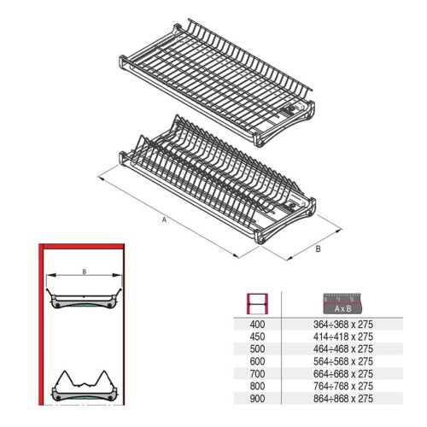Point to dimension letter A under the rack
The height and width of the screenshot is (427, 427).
(163, 219)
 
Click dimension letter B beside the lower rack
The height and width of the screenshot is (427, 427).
(318, 249)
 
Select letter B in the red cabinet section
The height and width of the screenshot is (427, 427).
(84, 272)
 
